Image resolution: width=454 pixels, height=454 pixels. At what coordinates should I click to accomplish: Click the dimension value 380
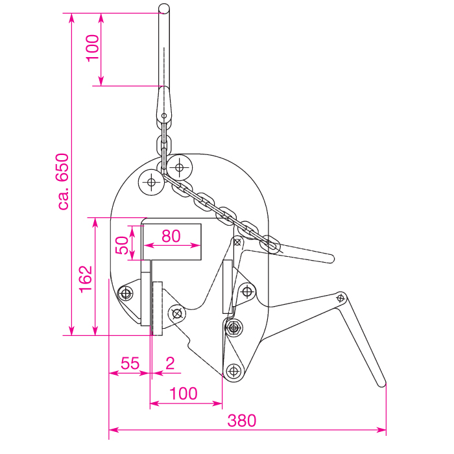pos(241,421)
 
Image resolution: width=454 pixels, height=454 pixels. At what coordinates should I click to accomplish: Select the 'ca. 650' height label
pos(62,182)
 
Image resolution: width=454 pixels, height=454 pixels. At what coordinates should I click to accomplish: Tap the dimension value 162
pos(86,280)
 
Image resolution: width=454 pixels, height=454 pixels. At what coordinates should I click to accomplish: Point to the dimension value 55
pos(130,363)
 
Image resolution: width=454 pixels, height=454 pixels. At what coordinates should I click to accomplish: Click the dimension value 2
pos(170,363)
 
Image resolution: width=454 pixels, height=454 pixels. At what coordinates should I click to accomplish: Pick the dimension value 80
pos(171,235)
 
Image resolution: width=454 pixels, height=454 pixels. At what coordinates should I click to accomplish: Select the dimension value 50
pos(122,245)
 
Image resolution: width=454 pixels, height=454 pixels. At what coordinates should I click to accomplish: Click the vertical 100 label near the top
pos(93,48)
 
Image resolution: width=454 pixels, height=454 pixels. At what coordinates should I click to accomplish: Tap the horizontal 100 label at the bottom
pos(184,394)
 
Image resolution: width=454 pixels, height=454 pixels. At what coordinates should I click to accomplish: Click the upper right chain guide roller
pos(180,167)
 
